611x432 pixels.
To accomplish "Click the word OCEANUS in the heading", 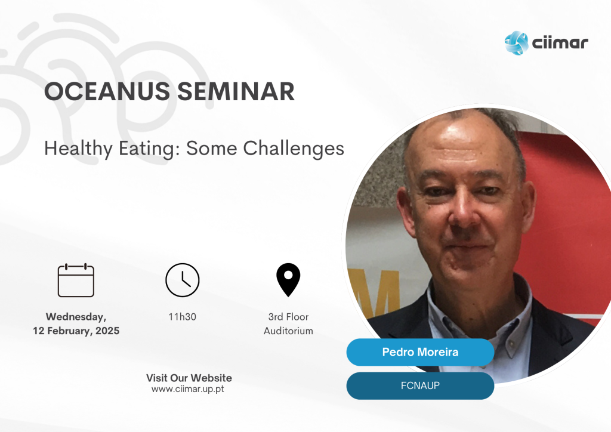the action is [x=107, y=91].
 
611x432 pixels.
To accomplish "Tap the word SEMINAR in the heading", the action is [x=236, y=91].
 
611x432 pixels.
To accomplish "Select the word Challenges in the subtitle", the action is [x=294, y=149].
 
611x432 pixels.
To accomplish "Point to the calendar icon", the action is [x=76, y=280].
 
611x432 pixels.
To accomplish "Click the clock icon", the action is [x=183, y=280].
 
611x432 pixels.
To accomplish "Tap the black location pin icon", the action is [x=288, y=280].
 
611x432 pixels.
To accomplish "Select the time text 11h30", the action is [x=183, y=317].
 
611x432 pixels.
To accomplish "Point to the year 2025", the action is [x=107, y=331].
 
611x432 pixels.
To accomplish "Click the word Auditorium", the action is [x=288, y=331].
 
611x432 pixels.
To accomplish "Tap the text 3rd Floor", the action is [x=288, y=317].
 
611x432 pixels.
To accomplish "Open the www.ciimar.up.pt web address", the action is [x=188, y=389].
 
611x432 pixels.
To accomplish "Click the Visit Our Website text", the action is [x=189, y=378].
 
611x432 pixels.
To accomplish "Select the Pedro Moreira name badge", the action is [x=420, y=352].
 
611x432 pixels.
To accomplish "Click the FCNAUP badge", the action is [x=420, y=385].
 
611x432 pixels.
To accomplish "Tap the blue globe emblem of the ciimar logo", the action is [x=516, y=43].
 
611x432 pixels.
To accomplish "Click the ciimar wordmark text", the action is [x=560, y=43].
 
